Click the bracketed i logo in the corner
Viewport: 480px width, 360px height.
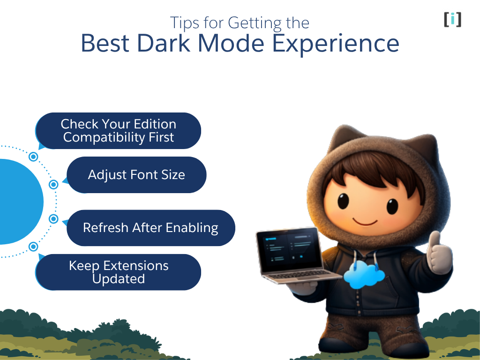click(452, 19)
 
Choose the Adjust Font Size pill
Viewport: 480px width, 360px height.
click(136, 175)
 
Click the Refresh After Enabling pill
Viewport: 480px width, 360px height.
click(150, 228)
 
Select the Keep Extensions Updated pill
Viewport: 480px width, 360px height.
click(118, 272)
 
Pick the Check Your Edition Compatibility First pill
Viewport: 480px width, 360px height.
click(119, 131)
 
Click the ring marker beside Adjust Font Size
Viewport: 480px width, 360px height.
click(53, 184)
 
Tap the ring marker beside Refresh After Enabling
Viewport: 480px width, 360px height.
click(53, 219)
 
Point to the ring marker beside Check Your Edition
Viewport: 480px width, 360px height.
click(33, 157)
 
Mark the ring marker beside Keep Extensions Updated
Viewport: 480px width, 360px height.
click(33, 246)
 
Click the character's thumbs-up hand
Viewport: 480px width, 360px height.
click(438, 253)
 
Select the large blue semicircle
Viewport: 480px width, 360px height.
click(19, 202)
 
